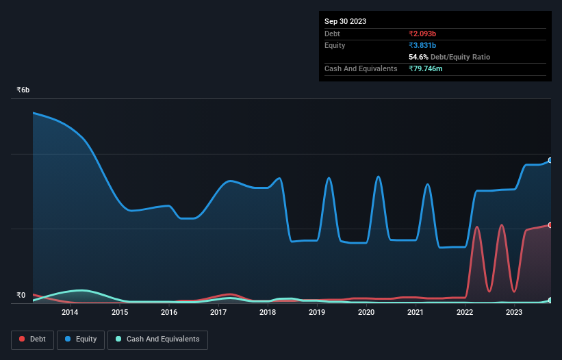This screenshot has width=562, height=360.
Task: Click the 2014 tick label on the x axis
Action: pos(70,313)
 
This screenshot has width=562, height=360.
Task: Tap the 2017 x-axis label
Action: pos(218,313)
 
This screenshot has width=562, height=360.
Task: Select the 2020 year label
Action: pos(366,313)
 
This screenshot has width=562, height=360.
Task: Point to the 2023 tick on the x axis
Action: pos(515,313)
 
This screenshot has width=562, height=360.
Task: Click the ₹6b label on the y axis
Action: pos(23,90)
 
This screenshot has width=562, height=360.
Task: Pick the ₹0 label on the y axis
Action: pos(21,296)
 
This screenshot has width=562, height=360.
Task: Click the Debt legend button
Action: pos(32,339)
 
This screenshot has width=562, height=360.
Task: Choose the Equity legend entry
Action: pos(80,339)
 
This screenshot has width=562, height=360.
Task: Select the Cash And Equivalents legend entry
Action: pos(157,339)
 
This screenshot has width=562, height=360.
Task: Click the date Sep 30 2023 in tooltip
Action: pos(345,21)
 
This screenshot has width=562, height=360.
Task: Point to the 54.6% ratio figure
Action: pos(418,57)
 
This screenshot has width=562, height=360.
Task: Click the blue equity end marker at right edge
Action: pos(550,160)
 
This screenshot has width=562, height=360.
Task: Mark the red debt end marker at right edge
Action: pos(550,224)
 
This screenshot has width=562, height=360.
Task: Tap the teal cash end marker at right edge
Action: pos(550,300)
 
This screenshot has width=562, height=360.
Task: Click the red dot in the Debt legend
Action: pos(23,339)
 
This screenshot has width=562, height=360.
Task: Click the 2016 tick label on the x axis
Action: pos(169,313)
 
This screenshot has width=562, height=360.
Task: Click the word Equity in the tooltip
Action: pos(335,45)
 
